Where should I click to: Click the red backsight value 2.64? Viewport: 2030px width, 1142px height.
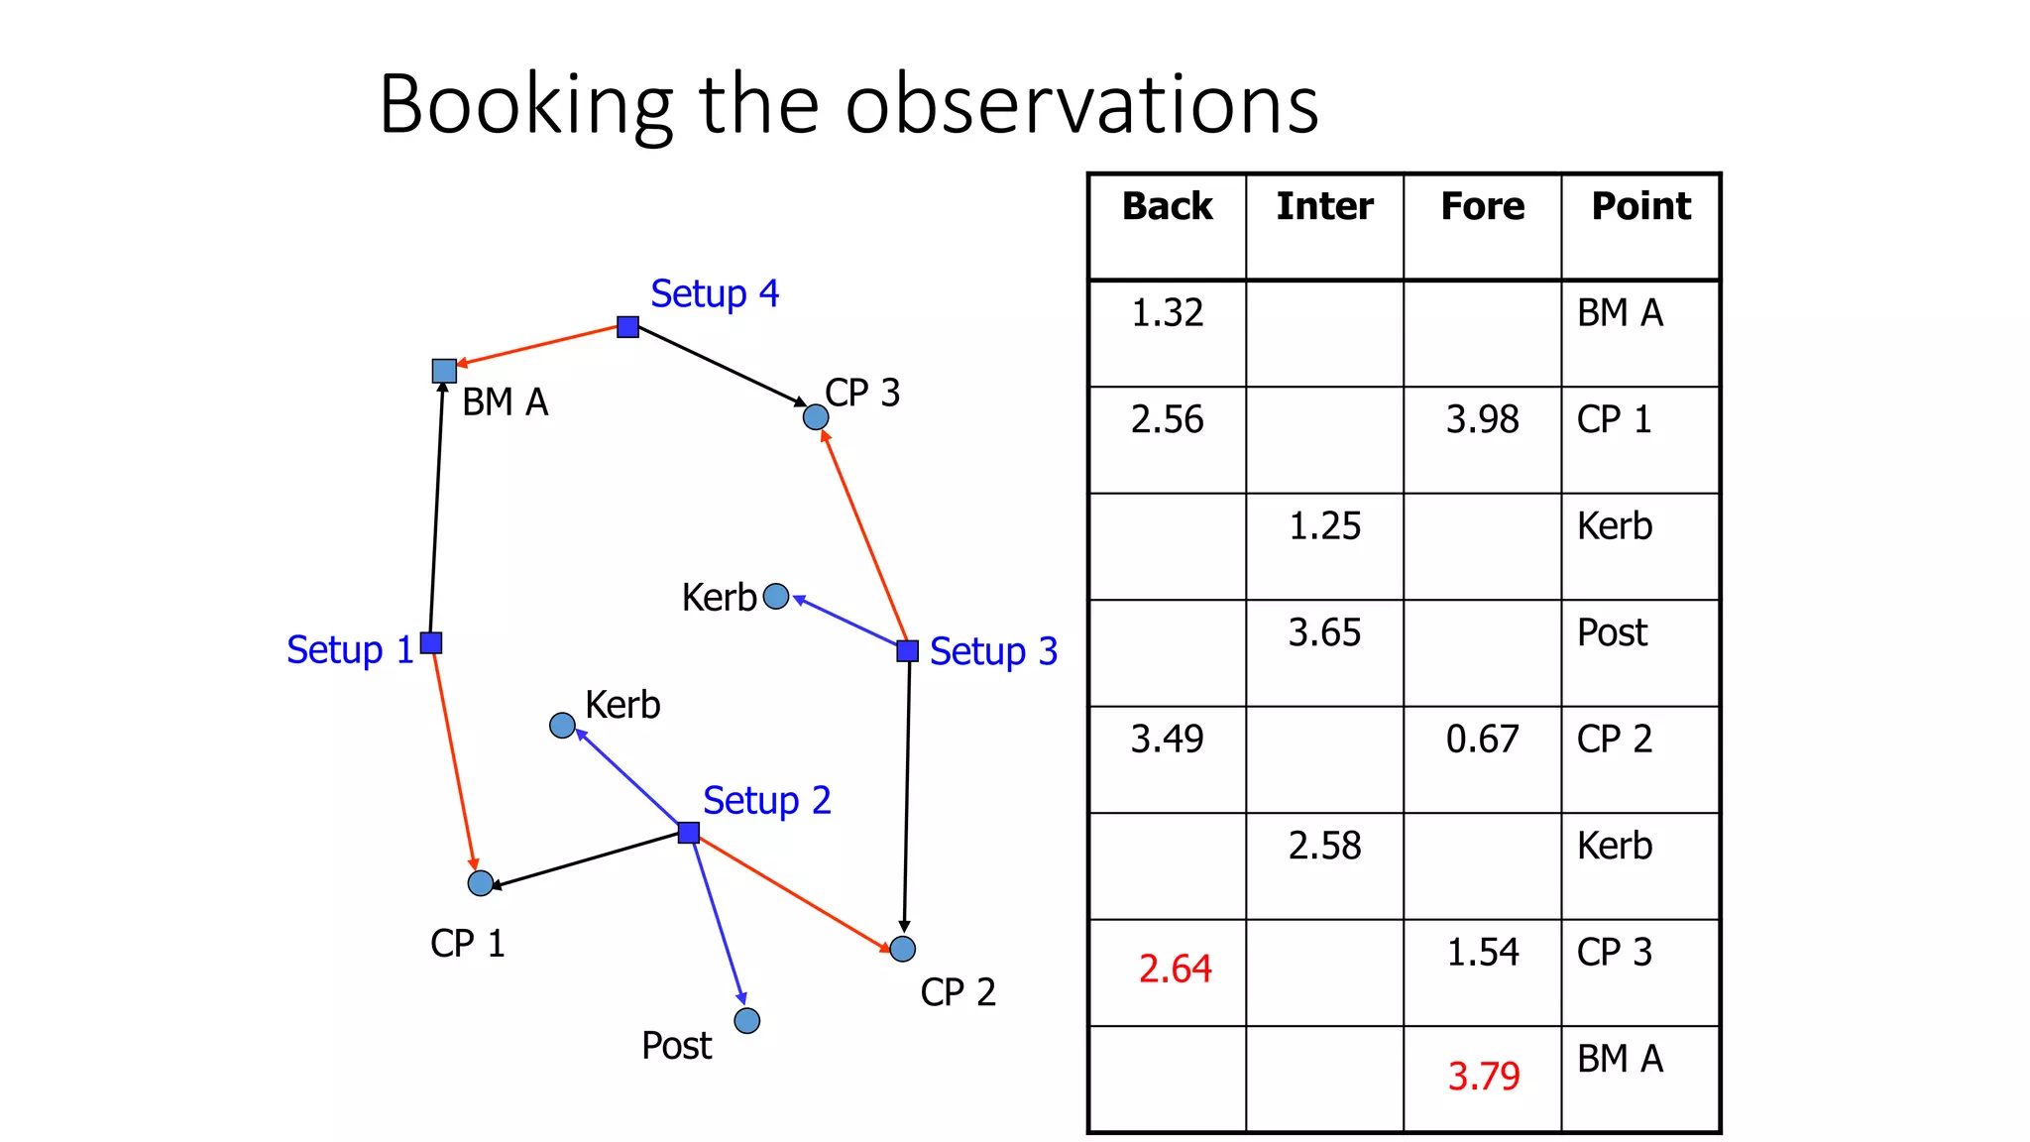coord(1175,969)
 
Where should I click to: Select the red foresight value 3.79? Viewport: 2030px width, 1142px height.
coord(1483,1076)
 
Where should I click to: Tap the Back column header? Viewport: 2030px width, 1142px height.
coord(1167,206)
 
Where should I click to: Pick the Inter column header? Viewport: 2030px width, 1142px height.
coord(1324,206)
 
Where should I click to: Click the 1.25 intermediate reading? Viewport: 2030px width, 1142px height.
coord(1324,525)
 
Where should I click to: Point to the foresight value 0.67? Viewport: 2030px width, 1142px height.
coord(1482,739)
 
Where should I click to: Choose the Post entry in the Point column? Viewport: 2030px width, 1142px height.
coord(1612,632)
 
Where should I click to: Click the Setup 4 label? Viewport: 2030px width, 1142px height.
coord(714,293)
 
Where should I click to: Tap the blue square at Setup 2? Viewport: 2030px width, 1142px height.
coord(689,832)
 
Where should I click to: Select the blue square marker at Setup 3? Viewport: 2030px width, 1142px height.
coord(907,650)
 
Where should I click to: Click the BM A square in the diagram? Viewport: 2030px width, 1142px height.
coord(444,371)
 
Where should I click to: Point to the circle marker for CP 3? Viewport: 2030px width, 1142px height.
coord(816,417)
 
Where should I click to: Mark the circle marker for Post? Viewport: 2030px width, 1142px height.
coord(747,1020)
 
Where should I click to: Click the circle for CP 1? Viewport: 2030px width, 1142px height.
coord(481,882)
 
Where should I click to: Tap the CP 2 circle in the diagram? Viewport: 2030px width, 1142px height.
coord(902,949)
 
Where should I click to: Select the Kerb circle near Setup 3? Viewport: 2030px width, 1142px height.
coord(776,596)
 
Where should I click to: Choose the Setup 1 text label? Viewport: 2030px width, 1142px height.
coord(350,650)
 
